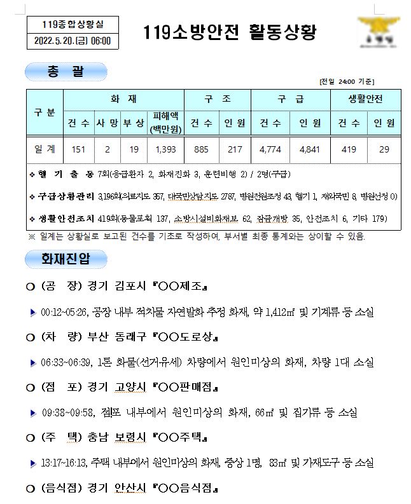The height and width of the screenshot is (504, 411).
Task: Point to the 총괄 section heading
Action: pyautogui.click(x=66, y=71)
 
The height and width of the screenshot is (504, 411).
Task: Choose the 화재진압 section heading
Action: pyautogui.click(x=66, y=259)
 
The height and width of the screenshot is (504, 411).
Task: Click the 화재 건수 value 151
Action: pyautogui.click(x=79, y=149)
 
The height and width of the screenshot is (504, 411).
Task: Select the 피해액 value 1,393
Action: pyautogui.click(x=165, y=149)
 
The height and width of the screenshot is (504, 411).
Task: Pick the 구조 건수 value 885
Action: pyautogui.click(x=202, y=149)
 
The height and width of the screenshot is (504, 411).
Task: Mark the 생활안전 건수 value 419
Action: pyautogui.click(x=348, y=149)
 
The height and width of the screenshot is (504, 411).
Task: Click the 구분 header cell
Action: pyautogui.click(x=45, y=112)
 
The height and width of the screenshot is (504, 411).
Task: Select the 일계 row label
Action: pyautogui.click(x=45, y=149)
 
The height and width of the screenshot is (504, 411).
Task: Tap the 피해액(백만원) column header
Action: pyautogui.click(x=165, y=123)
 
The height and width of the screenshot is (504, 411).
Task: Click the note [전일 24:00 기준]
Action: pyautogui.click(x=346, y=82)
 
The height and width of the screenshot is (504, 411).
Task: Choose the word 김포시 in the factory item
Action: pyautogui.click(x=122, y=286)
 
